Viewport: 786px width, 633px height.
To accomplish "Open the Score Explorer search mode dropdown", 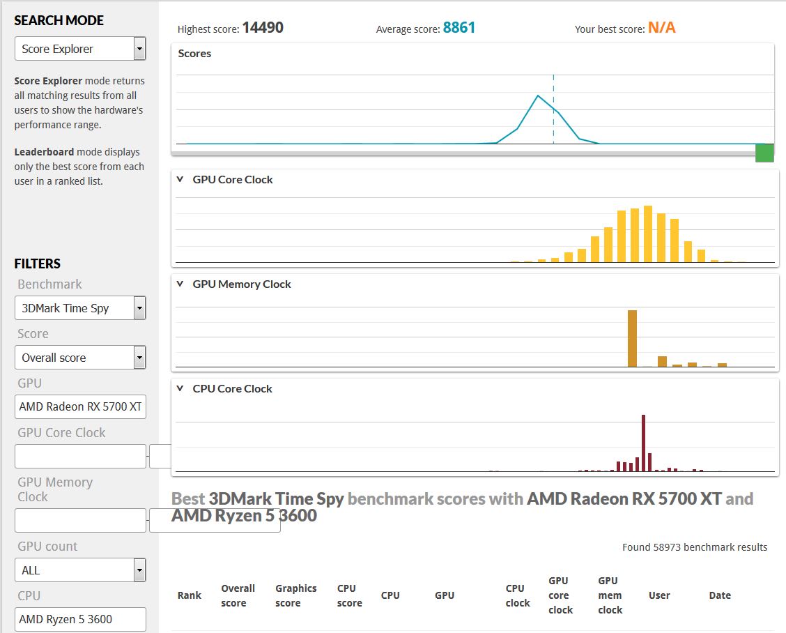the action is (80, 49).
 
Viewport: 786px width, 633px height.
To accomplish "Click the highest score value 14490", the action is (263, 28).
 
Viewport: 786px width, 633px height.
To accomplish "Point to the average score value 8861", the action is (458, 28).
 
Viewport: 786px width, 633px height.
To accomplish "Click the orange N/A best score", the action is (662, 28).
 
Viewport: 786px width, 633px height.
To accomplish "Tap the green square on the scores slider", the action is (764, 153).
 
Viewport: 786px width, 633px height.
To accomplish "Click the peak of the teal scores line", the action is (538, 96).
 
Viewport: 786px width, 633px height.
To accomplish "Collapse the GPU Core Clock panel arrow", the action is (180, 179).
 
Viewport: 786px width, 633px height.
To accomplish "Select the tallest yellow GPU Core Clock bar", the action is (647, 234).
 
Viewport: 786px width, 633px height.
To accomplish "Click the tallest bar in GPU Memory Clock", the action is (632, 339).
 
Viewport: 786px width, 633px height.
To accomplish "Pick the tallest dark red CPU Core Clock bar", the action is (643, 443).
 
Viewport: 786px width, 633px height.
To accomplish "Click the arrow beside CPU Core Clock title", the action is (180, 388).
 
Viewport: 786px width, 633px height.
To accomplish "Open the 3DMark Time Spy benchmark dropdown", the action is (80, 308).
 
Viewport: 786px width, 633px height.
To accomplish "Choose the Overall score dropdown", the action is (80, 358).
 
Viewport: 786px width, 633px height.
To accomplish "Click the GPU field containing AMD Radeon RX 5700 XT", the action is (80, 407).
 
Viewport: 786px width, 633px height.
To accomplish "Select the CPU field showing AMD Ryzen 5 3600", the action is (80, 620).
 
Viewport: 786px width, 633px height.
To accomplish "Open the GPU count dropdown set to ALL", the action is (80, 570).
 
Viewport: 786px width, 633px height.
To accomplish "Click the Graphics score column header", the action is (295, 595).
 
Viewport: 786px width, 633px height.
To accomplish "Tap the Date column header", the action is (720, 595).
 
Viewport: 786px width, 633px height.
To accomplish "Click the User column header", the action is (659, 595).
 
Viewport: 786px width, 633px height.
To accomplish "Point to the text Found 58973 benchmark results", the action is (695, 547).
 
